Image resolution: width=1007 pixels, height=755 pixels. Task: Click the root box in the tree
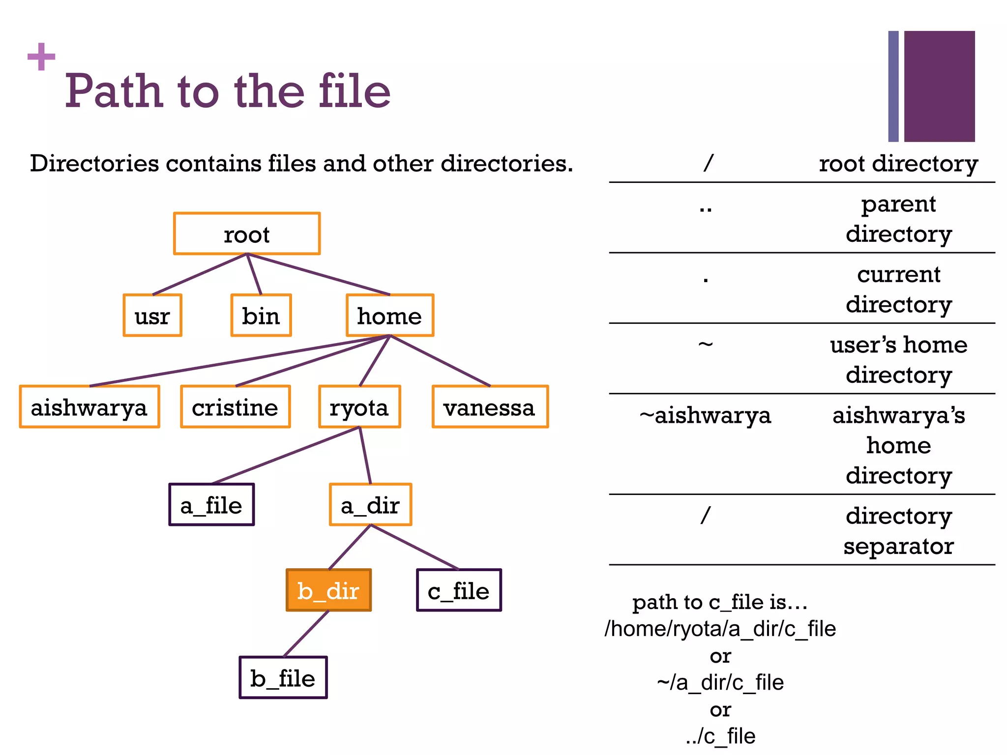247,234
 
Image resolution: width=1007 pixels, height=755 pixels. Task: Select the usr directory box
152,316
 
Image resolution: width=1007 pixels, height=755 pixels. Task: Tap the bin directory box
261,316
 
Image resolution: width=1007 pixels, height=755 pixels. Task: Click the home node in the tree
390,316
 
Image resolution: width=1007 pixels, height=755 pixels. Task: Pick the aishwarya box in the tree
89,407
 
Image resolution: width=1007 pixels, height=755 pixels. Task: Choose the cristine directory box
236,407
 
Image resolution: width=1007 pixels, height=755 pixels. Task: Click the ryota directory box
359,407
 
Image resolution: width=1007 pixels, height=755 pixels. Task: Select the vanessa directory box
490,407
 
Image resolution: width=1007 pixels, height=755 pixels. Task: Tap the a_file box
211,505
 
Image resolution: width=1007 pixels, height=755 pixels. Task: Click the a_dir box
370,505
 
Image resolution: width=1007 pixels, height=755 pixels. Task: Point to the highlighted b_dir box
328,590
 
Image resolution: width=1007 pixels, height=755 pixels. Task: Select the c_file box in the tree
459,590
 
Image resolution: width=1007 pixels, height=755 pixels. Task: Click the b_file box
283,678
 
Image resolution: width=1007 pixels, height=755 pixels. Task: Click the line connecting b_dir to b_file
306,634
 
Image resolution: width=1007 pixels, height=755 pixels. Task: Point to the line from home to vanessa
440,361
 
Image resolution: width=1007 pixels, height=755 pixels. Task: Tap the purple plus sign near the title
41,57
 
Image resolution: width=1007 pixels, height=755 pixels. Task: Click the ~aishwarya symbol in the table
706,416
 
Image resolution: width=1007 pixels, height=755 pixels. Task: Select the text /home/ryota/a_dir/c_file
720,629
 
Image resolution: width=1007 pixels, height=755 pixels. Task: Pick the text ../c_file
720,736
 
